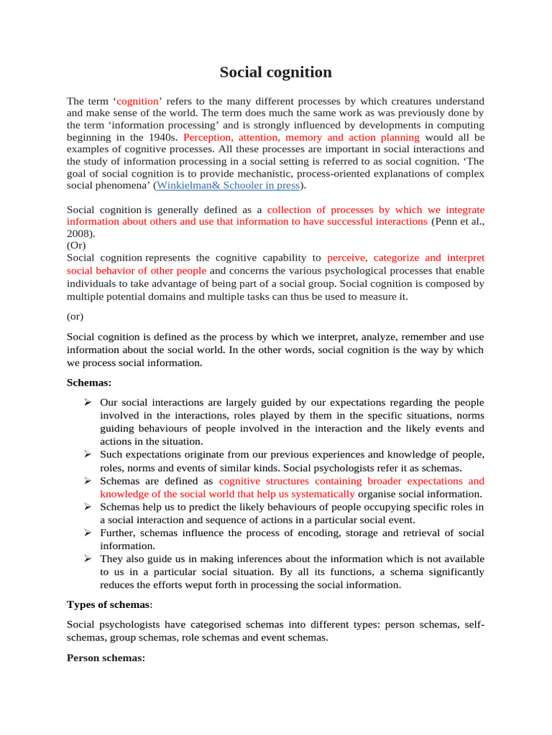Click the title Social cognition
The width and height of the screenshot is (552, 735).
coord(275,72)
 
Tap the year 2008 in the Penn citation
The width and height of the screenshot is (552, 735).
coord(79,233)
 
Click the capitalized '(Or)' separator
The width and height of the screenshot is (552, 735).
coord(76,245)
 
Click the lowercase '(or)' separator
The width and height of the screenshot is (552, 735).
coord(75,315)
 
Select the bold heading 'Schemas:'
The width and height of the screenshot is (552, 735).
coord(89,383)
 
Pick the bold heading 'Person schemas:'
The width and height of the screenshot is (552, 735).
coord(106,657)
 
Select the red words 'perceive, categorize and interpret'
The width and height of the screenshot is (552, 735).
coord(405,257)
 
